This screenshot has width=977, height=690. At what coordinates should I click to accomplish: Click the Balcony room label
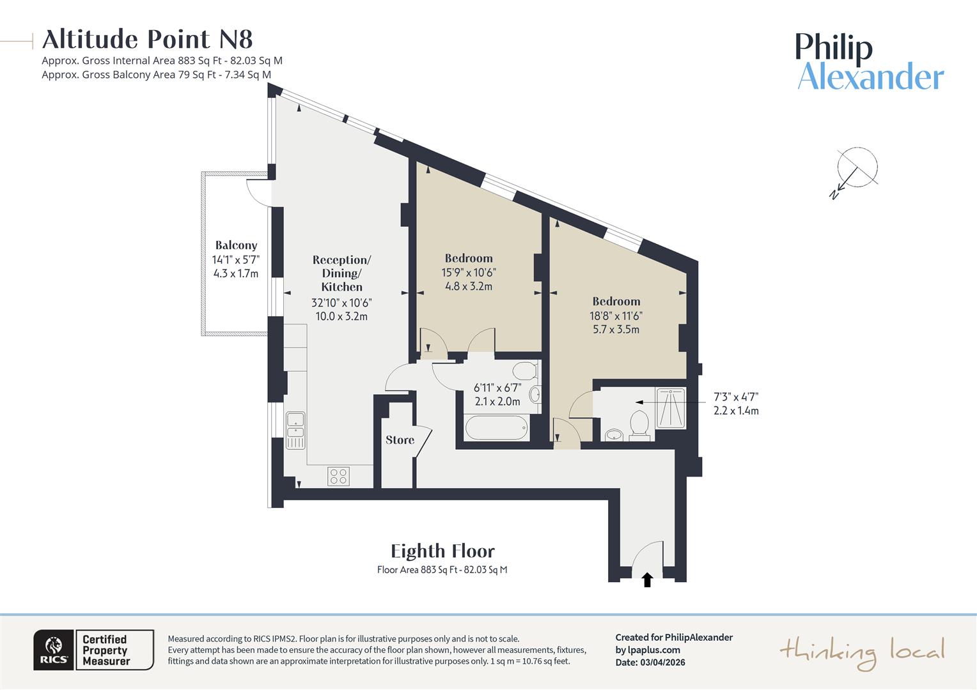coord(236,245)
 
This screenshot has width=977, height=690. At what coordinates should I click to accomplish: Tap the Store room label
coord(400,440)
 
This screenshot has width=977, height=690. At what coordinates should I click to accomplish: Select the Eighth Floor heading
coord(442,551)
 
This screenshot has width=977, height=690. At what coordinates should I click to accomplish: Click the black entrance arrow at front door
coord(647,579)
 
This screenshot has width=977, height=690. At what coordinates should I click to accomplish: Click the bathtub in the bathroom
coord(497,427)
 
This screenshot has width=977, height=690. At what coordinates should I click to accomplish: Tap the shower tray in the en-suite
coord(671,408)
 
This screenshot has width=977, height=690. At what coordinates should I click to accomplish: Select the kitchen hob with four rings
coord(338,476)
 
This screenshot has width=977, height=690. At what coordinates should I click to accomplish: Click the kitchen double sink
coord(295,430)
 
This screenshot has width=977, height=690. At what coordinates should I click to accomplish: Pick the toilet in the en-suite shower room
coord(639,425)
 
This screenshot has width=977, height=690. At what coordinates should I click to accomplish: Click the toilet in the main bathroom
coord(526,371)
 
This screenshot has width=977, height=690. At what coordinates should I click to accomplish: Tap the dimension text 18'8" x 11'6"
coord(616,316)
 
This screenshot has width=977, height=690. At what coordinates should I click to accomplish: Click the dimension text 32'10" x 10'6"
coord(341,303)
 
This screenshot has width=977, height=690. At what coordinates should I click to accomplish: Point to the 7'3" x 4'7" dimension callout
coord(736,404)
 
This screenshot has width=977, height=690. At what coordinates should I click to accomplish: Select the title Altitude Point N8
coord(148,40)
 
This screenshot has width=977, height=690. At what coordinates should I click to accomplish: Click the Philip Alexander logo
coord(870,62)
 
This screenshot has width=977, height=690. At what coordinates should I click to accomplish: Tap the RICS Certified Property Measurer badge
coord(94,650)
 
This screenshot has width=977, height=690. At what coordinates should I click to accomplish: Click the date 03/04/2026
coord(662,663)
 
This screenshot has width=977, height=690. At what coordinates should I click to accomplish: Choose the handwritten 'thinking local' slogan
coord(861,652)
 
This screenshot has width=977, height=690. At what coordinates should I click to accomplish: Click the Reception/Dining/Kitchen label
coord(341,273)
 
